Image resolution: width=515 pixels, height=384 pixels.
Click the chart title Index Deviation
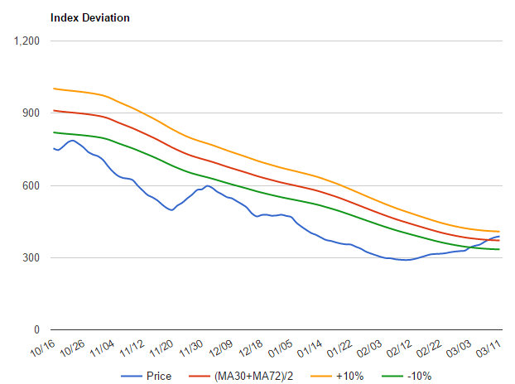click(x=90, y=17)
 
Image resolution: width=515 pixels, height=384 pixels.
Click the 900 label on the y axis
click(x=30, y=113)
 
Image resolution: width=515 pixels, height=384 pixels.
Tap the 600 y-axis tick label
click(x=30, y=185)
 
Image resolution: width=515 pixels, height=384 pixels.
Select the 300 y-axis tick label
click(x=30, y=258)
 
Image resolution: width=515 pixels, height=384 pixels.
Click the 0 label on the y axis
click(x=37, y=330)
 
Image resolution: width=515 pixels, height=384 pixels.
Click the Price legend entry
click(x=158, y=376)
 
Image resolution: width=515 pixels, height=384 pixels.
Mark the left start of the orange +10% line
click(x=53, y=89)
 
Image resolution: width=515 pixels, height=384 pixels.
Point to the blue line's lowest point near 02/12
click(x=406, y=260)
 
